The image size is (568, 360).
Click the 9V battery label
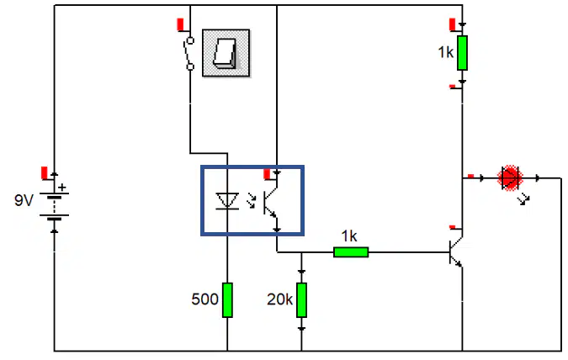(x=24, y=200)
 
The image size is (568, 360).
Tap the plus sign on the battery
(x=62, y=188)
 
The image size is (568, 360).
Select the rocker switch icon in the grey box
(x=226, y=53)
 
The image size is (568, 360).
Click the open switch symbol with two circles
(x=188, y=53)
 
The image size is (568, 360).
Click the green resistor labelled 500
(x=227, y=300)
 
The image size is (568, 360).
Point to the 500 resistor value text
(x=204, y=299)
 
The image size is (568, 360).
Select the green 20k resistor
(x=301, y=300)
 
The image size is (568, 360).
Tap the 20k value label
(x=279, y=299)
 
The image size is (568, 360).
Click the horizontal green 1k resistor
(x=351, y=252)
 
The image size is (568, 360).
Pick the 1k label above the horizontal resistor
(x=349, y=236)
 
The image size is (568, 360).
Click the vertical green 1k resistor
(x=462, y=53)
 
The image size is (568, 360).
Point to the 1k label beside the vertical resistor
(x=445, y=52)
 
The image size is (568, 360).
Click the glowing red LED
(x=510, y=177)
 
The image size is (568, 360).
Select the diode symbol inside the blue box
(x=227, y=201)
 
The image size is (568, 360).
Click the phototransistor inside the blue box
(x=270, y=203)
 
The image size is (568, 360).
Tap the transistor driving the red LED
(x=456, y=252)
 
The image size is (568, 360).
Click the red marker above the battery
(x=45, y=173)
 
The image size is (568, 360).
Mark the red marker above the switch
(x=180, y=24)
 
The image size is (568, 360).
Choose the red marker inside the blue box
(x=268, y=175)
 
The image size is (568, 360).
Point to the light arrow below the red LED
(x=523, y=199)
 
